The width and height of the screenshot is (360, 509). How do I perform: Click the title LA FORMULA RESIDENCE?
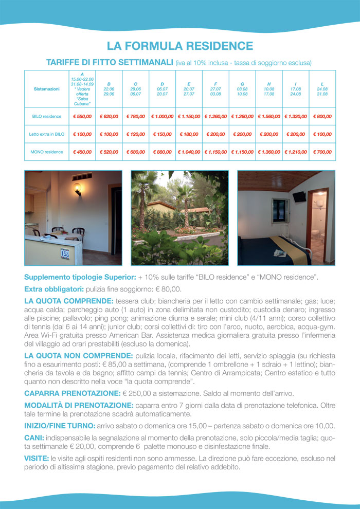tap(180, 46)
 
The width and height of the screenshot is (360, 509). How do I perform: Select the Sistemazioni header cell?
tap(47, 89)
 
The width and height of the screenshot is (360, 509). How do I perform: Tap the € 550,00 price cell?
tap(82, 117)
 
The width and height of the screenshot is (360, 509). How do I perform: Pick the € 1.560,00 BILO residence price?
tap(269, 117)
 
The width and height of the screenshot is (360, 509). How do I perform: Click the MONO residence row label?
tap(47, 152)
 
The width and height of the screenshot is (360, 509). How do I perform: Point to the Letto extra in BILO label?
tap(47, 134)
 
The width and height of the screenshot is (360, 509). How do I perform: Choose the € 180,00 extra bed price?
tap(189, 134)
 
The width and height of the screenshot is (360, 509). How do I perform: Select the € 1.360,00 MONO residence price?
tap(269, 152)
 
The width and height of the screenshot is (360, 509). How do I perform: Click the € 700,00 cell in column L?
tap(322, 152)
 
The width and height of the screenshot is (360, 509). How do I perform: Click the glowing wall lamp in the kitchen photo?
tap(77, 187)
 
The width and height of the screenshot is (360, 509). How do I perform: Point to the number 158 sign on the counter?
tap(65, 253)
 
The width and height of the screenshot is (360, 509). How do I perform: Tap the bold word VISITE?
tap(37, 458)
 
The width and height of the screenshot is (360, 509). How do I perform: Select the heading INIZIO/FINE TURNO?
tap(60, 426)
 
